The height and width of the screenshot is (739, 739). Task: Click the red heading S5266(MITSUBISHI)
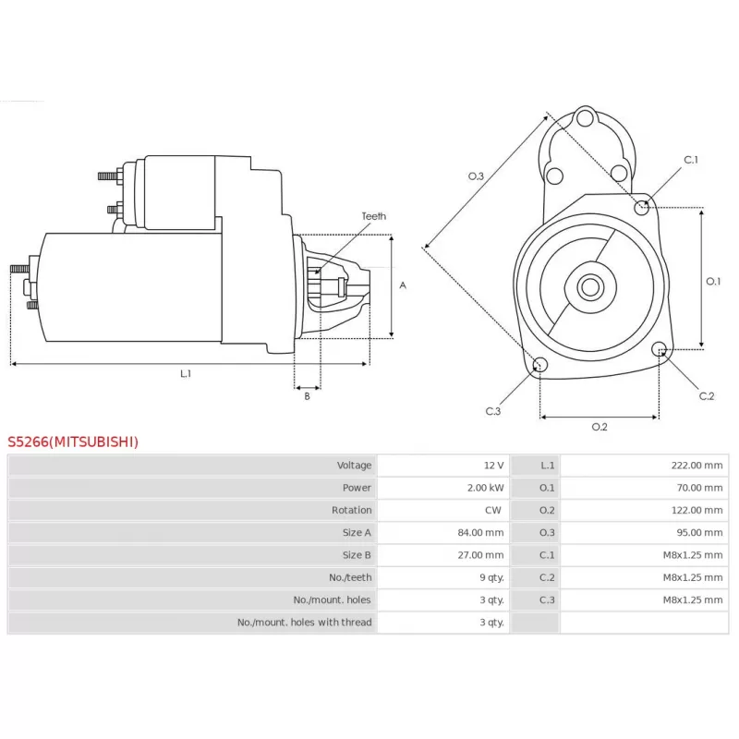click(74, 442)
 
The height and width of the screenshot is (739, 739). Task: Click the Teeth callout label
click(373, 216)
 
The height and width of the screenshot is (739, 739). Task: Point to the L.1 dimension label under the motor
click(186, 373)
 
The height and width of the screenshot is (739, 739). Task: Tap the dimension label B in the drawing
click(307, 396)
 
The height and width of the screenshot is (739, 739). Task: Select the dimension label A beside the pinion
click(402, 285)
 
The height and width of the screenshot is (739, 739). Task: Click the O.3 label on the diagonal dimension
click(476, 176)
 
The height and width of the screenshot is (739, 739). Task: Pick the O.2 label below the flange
click(599, 426)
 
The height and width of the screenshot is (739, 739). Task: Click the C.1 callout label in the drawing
click(691, 160)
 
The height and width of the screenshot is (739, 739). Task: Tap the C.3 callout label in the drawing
click(492, 411)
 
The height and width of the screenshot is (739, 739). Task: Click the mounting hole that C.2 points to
click(660, 349)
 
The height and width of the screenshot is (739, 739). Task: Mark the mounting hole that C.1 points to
click(643, 206)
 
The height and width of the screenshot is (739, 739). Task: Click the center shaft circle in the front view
click(588, 286)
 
